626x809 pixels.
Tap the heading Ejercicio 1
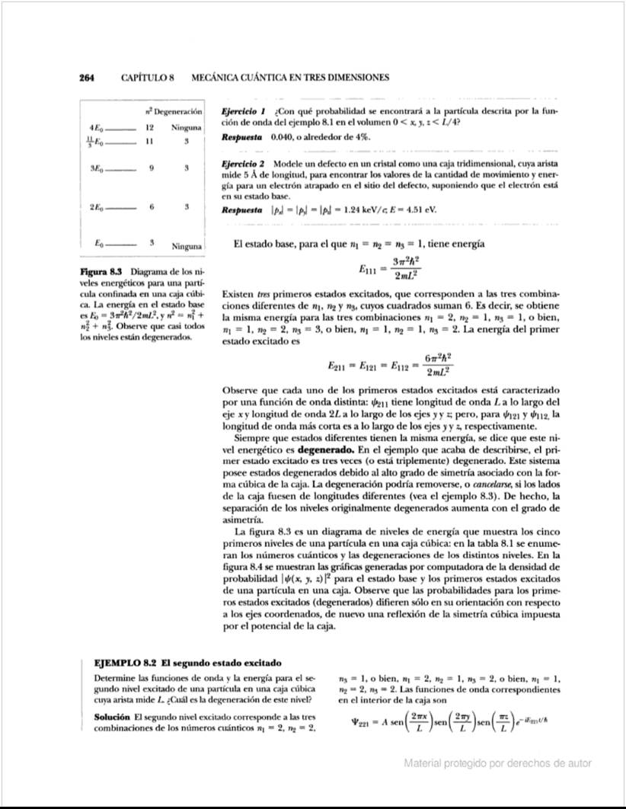click(241, 111)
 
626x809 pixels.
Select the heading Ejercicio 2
click(241, 164)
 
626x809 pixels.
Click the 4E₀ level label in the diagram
click(97, 127)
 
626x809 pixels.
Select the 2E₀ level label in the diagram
click(97, 206)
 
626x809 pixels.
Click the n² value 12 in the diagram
click(151, 127)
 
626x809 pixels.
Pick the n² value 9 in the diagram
click(152, 167)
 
